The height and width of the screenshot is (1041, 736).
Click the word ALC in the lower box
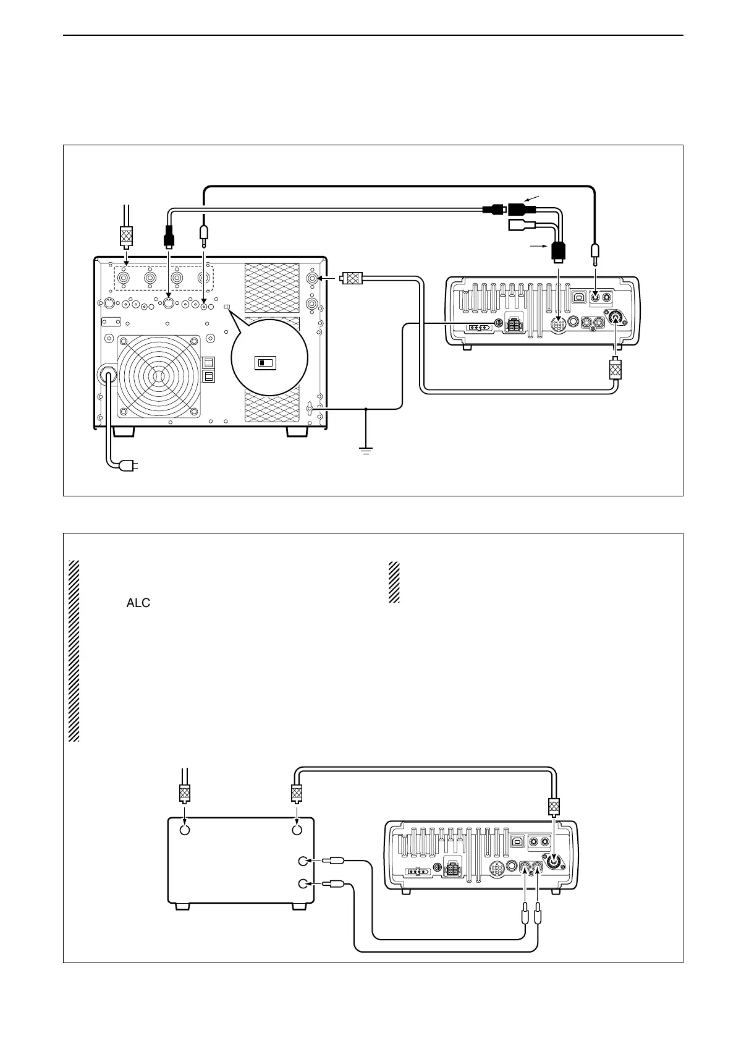pos(138,603)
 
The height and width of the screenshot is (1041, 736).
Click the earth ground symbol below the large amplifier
pos(366,451)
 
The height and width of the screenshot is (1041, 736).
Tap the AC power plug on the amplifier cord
pos(130,465)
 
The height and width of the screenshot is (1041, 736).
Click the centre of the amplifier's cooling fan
pos(159,376)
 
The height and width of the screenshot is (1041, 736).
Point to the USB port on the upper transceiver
pos(578,297)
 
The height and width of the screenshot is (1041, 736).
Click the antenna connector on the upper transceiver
pos(616,318)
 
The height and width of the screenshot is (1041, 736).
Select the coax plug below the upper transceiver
pos(615,370)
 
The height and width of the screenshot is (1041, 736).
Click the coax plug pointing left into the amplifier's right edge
pos(352,279)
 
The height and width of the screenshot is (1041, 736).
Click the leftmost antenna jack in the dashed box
pos(125,279)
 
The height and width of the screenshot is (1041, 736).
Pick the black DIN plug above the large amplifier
pos(168,236)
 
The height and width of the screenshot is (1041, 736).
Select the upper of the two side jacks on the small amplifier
pos(303,861)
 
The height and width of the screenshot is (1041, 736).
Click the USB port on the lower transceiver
pos(518,841)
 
